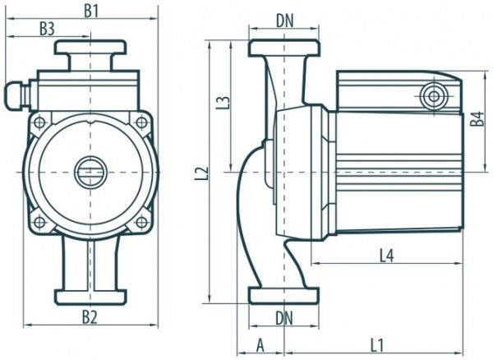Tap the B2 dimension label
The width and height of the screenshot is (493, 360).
tap(90, 316)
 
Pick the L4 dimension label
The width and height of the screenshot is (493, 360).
tap(387, 256)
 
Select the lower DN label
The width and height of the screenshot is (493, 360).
tap(284, 316)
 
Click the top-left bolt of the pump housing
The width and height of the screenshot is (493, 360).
tap(39, 122)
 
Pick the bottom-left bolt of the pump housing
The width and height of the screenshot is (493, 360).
tap(39, 221)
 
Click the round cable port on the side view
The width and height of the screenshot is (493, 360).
tap(433, 97)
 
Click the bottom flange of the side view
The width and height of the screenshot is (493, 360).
tap(283, 294)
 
